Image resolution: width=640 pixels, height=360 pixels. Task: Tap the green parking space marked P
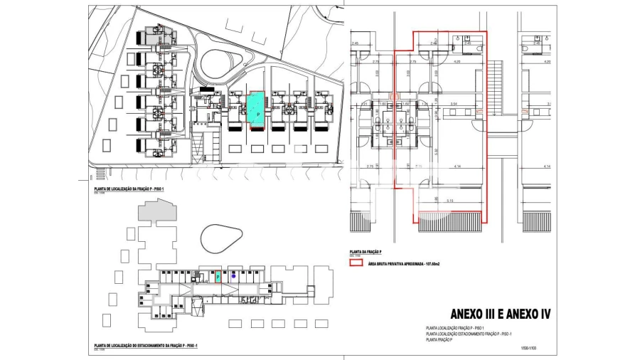(218, 277)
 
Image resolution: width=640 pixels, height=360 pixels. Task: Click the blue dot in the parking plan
(234, 274)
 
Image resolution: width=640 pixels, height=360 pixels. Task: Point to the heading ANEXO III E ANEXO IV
(501, 314)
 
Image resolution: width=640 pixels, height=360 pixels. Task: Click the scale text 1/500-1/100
(528, 348)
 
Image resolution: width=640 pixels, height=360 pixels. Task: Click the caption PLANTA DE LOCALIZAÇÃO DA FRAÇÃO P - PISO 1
(124, 189)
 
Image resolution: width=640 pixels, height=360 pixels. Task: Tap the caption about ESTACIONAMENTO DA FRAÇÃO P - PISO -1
(145, 346)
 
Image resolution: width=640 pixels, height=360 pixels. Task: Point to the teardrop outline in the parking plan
(223, 239)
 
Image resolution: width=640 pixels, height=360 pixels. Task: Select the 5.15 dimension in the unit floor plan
(450, 201)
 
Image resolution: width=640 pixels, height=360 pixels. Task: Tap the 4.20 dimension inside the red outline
(457, 62)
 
